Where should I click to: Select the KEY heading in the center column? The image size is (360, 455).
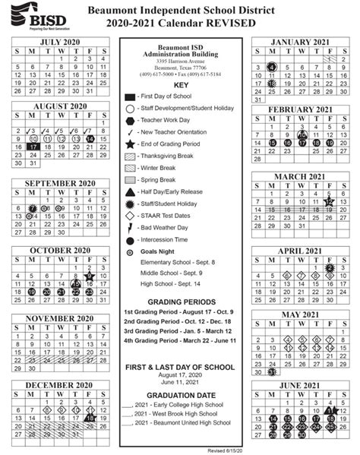pos(180,85)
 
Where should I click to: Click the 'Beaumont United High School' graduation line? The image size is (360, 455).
pos(183,422)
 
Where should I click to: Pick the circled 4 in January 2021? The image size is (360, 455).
pos(271,67)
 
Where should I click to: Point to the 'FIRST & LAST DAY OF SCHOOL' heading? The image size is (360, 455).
pos(180,367)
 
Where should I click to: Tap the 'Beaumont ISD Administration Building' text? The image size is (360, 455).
pos(180,50)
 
